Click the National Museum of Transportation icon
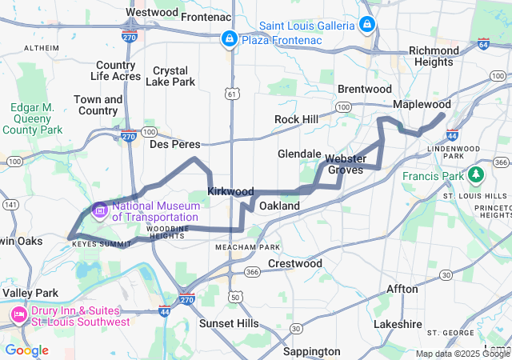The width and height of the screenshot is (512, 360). point(100,210)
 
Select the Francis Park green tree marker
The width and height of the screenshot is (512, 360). point(477,174)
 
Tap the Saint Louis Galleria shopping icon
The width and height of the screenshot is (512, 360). point(366,25)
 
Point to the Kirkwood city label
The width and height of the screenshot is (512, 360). point(230,192)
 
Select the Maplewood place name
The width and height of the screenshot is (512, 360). point(422,105)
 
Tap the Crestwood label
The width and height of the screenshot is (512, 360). point(295,263)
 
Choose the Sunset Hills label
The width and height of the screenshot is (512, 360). point(229,323)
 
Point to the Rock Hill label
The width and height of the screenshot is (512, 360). point(296,119)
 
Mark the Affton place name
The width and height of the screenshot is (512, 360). point(402,289)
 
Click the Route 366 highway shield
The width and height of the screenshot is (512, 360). point(252,272)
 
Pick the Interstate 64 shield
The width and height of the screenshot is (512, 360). point(483,45)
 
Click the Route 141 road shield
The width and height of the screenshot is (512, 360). point(11,205)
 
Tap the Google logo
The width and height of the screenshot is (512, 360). point(26,350)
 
